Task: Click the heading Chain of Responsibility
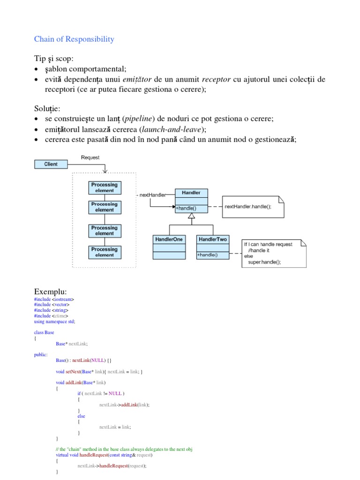click(x=74, y=39)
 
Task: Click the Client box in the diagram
click(x=51, y=164)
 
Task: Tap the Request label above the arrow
click(x=90, y=157)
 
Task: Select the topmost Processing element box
click(x=104, y=187)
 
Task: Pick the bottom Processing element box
click(x=104, y=252)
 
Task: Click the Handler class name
click(x=191, y=193)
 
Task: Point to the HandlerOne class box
click(x=169, y=247)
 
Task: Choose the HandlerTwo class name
click(x=213, y=240)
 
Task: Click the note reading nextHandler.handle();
click(x=248, y=207)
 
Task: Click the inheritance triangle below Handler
click(x=191, y=216)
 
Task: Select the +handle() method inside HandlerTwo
click(x=208, y=255)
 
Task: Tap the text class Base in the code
click(x=44, y=332)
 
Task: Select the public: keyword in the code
click(x=41, y=355)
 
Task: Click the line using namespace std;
click(x=54, y=322)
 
